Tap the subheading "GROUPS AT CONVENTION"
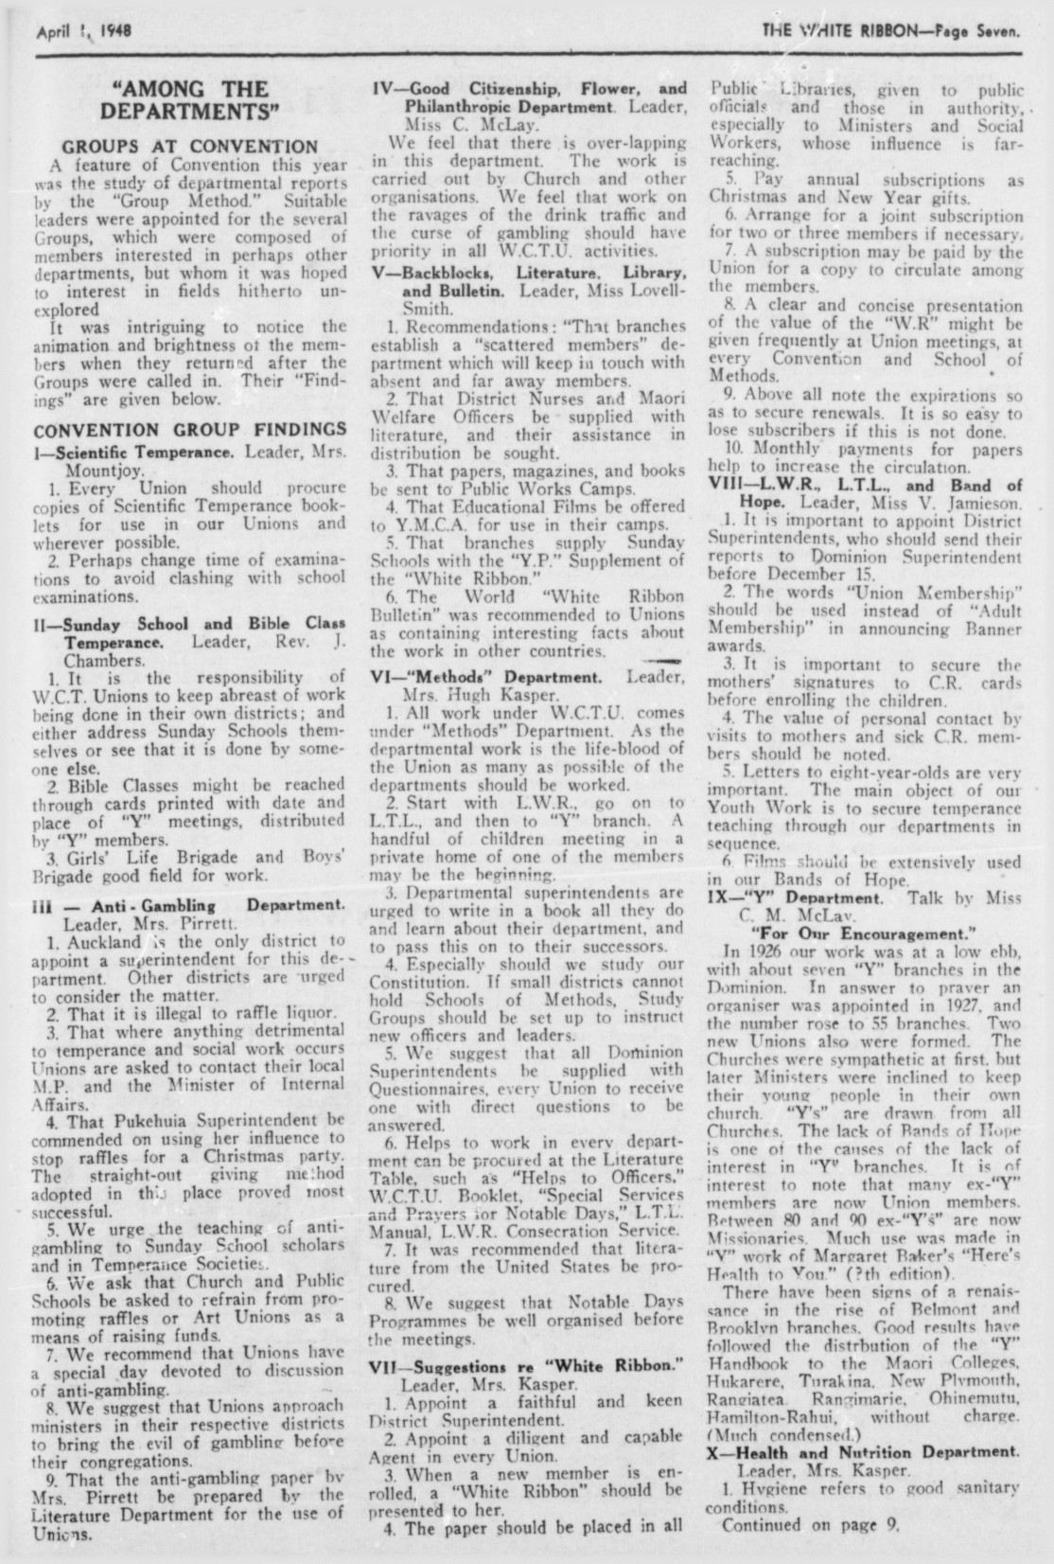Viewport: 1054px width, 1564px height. coord(189,147)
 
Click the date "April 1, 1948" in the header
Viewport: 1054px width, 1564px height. coord(84,29)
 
